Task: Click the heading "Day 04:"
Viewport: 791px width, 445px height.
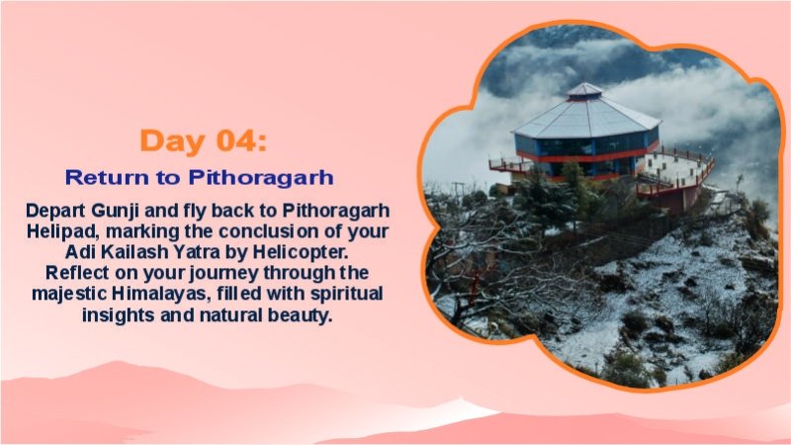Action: pyautogui.click(x=203, y=140)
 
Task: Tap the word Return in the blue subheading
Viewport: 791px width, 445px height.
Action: pyautogui.click(x=98, y=178)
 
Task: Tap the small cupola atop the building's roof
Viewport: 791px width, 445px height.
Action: pyautogui.click(x=584, y=90)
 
